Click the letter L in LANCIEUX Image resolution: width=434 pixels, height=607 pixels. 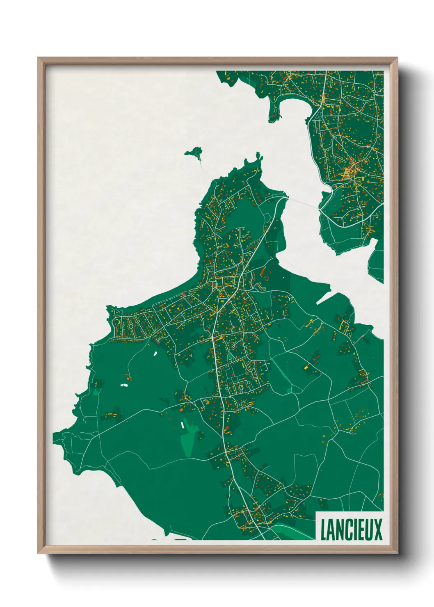pos(324,529)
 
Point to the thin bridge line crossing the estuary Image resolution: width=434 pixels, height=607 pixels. pos(304,203)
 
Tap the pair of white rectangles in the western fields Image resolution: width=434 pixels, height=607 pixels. pos(124,385)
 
